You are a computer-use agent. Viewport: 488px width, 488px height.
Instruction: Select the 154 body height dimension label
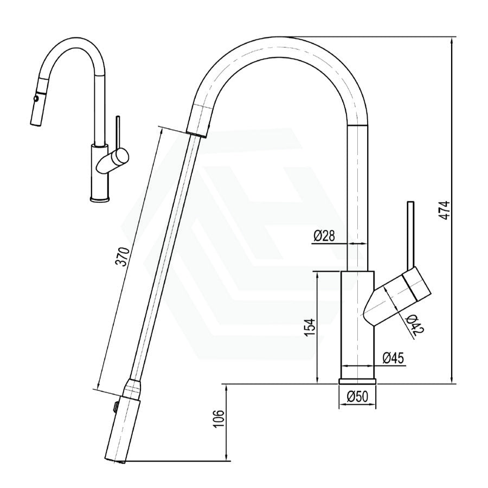click(x=310, y=328)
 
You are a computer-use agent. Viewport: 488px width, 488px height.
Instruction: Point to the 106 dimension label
click(x=219, y=420)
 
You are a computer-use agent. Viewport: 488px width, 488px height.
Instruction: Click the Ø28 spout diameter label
click(x=324, y=236)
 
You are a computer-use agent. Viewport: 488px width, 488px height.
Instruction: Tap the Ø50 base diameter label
click(x=358, y=396)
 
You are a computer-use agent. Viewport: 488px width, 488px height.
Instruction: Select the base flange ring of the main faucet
click(x=358, y=382)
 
